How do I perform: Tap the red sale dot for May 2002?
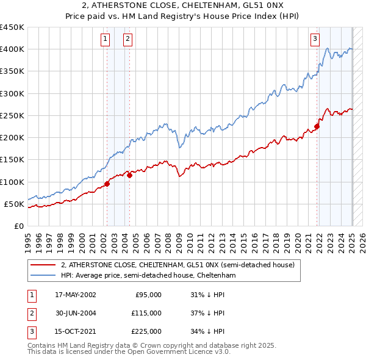click(107, 183)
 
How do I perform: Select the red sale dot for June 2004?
click(129, 175)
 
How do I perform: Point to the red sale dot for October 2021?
click(317, 126)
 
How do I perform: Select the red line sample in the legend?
click(42, 265)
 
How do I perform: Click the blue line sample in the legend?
click(42, 276)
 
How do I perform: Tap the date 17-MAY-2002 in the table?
click(76, 295)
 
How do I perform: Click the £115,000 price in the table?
click(147, 312)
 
